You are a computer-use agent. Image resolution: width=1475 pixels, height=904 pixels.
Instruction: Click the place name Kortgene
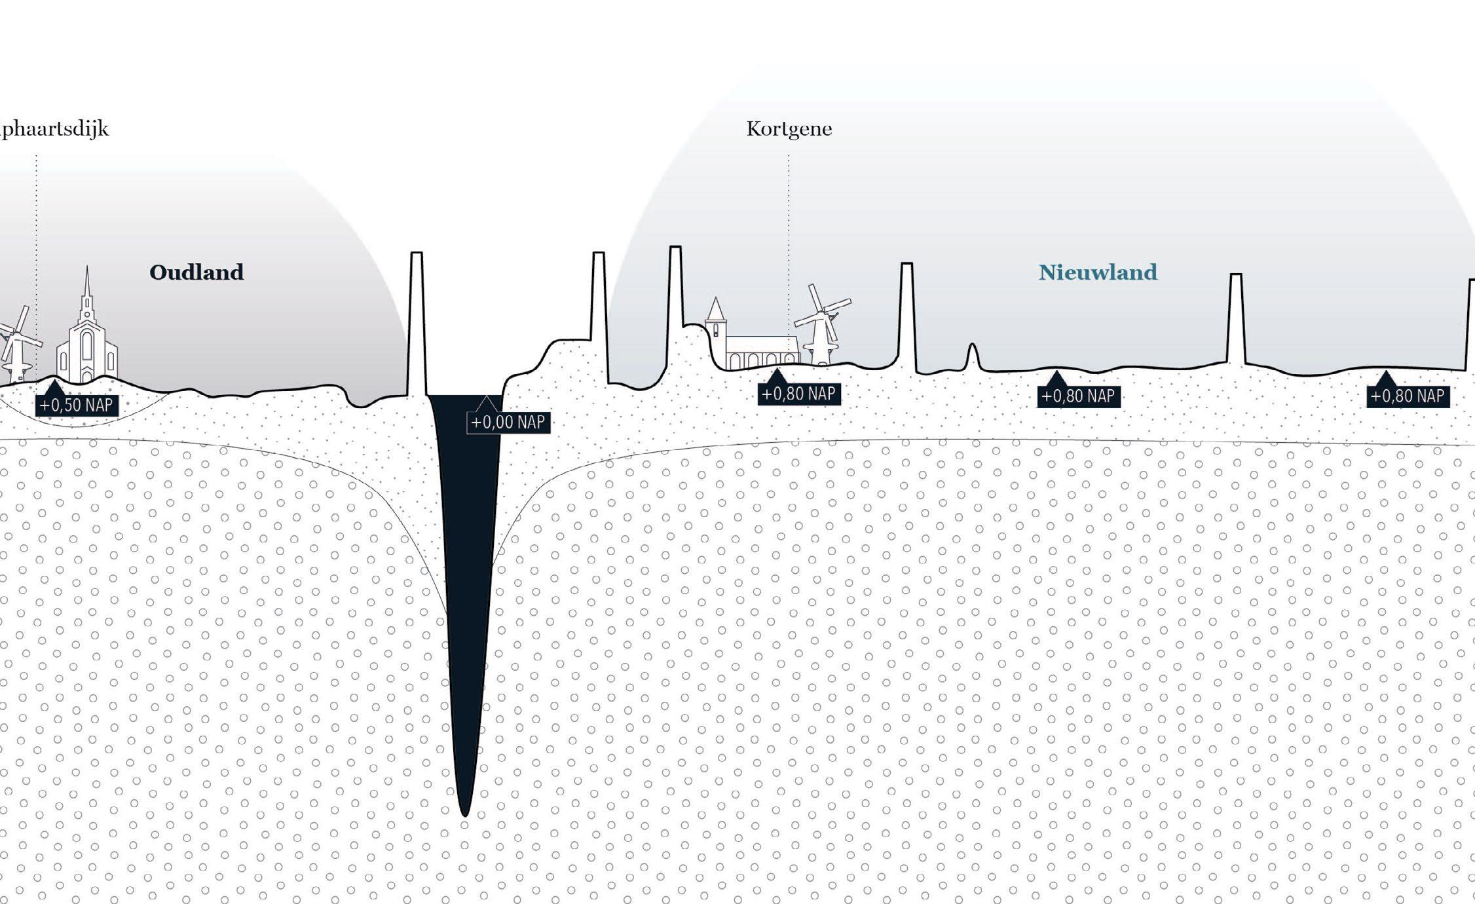pos(789,128)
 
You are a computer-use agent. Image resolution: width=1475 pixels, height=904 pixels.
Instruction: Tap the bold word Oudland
pos(196,272)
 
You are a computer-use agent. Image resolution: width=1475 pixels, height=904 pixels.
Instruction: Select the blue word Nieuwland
pos(1098,272)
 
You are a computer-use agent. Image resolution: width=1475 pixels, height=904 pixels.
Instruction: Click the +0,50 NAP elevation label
pos(77,405)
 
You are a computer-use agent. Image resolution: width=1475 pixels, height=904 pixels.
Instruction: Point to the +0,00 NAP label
pos(508,422)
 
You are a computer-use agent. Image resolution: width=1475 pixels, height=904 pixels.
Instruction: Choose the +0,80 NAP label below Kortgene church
pos(798,394)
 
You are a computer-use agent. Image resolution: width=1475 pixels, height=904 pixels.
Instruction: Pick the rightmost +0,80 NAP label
pos(1408,396)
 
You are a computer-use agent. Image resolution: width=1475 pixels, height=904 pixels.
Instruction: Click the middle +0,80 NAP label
pos(1078,396)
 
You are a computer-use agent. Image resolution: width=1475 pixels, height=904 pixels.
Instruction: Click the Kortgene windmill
pos(822,324)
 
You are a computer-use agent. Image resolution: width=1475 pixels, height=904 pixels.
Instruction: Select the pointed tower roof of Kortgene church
pos(715,309)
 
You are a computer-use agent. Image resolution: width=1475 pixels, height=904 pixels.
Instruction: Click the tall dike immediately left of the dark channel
pos(416,324)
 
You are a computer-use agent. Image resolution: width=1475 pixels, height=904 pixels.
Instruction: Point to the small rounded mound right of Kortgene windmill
pos(973,356)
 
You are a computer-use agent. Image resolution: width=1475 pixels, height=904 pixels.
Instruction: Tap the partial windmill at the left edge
pos(16,344)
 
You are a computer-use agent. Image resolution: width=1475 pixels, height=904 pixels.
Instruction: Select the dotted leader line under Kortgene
pos(789,249)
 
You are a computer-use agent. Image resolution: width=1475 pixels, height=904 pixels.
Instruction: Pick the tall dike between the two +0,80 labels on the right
pos(1235,318)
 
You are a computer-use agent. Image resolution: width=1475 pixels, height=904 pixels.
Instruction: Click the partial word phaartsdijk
pos(55,128)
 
